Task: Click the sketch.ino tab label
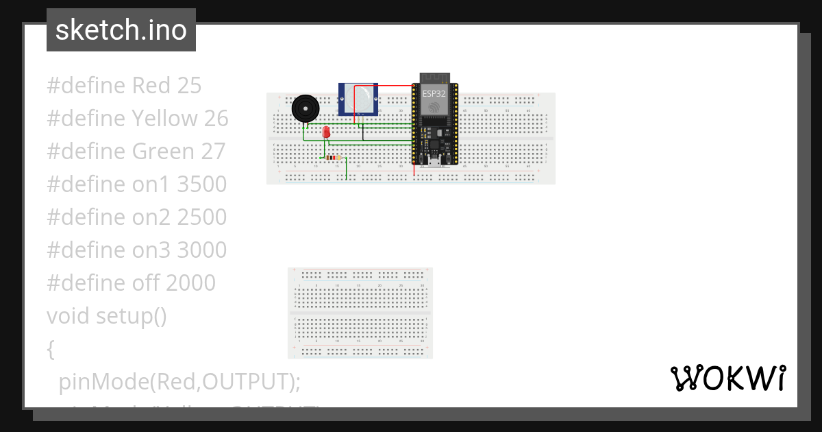tap(121, 30)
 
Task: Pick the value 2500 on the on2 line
tap(201, 217)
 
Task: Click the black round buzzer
tap(305, 110)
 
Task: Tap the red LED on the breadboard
tap(327, 131)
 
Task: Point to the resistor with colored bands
tap(334, 158)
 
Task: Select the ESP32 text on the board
tap(434, 94)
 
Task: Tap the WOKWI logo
tap(727, 378)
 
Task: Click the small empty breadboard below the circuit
tap(360, 313)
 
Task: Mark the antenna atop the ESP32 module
tap(434, 77)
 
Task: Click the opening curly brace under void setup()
tap(51, 348)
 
